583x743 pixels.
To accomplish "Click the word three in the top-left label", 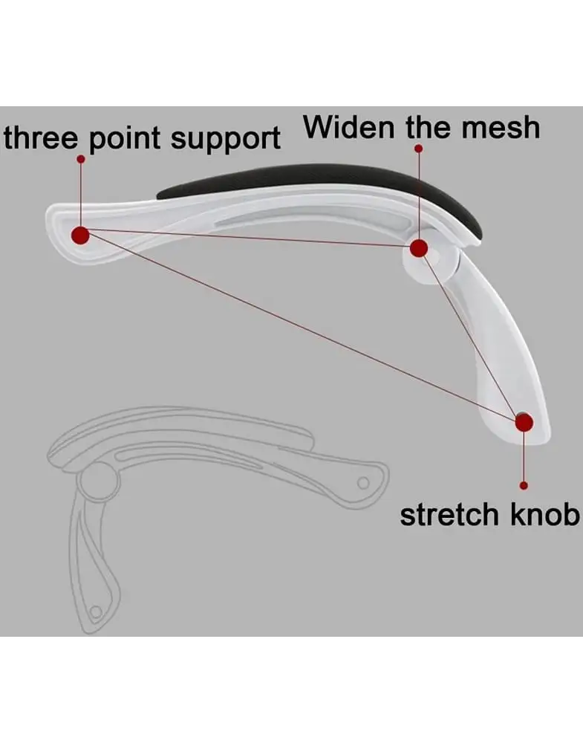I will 36,139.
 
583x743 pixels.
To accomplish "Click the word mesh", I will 500,128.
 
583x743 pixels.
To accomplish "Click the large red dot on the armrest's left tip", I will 80,236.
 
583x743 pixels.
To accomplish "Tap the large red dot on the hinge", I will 419,248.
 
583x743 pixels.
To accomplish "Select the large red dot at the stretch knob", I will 524,423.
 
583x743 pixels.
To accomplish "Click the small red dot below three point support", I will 80,159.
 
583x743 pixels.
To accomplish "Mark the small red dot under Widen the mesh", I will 418,149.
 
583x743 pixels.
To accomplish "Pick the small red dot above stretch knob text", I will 524,485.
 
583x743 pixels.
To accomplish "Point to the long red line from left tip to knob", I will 297,328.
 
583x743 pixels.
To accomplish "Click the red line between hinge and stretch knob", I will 471,334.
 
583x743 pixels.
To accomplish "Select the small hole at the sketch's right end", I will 363,483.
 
